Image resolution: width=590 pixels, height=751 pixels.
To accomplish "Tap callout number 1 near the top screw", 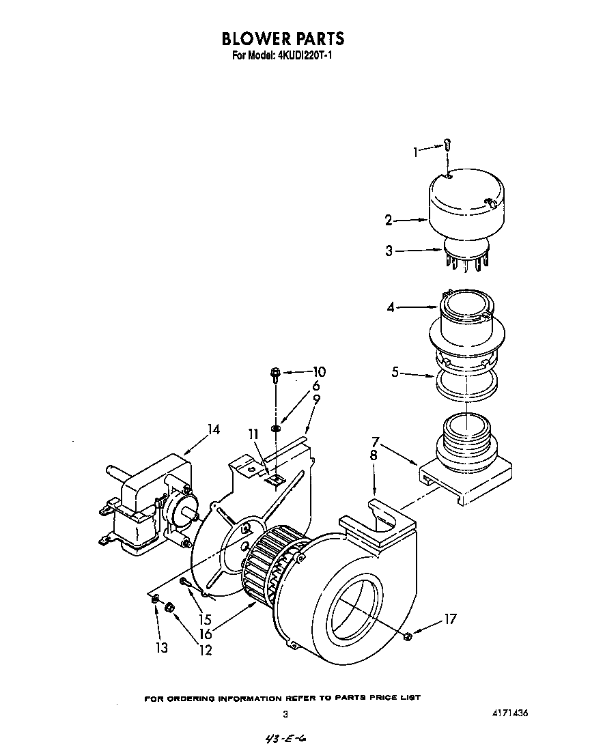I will [x=417, y=152].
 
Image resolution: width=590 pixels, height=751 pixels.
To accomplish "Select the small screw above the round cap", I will [x=447, y=144].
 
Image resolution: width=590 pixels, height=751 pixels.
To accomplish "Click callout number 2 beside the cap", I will [x=389, y=220].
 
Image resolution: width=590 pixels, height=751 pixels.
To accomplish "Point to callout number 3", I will [x=389, y=251].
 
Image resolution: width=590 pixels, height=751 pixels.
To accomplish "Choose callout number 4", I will [x=391, y=308].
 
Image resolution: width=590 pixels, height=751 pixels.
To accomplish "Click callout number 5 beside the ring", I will [x=395, y=373].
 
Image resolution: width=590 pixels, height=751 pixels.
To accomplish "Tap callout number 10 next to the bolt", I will [x=319, y=372].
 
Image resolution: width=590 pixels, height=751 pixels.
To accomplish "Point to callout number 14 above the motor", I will [x=214, y=430].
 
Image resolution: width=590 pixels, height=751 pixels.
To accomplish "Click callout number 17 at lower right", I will [x=449, y=619].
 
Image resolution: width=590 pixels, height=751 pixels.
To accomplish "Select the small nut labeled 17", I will [x=407, y=636].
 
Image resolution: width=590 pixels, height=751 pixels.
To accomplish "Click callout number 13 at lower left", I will [x=161, y=647].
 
